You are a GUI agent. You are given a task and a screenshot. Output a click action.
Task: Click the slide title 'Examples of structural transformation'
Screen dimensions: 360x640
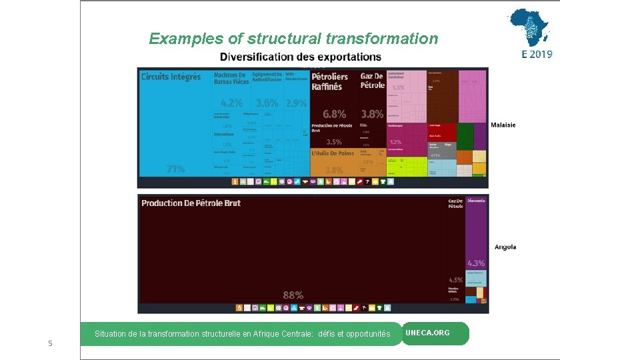[293, 39]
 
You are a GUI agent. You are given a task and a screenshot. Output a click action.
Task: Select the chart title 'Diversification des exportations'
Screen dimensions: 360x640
[301, 57]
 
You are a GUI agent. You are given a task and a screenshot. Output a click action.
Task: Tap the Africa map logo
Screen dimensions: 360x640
[530, 27]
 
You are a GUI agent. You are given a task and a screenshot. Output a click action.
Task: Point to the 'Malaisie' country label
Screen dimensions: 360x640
[503, 125]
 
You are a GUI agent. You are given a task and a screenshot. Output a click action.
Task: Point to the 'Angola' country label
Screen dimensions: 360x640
[505, 247]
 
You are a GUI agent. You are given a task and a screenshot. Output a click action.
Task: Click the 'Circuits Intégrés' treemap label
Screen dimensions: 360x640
[171, 77]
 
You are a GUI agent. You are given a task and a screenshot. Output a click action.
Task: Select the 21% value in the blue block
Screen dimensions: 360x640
[175, 169]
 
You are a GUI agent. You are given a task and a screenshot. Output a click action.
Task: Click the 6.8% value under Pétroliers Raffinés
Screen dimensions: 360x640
[334, 114]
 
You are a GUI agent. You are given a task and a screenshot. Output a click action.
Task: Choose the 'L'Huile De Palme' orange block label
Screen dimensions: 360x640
[333, 153]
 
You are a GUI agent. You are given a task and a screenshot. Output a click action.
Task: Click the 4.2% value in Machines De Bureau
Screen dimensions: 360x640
[231, 103]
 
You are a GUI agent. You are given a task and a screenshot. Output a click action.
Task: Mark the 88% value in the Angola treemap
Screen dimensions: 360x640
[293, 295]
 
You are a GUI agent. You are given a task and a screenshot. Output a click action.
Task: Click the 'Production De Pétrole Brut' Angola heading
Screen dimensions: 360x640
[191, 203]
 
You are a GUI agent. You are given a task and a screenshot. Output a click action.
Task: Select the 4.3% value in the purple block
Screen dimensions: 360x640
[476, 263]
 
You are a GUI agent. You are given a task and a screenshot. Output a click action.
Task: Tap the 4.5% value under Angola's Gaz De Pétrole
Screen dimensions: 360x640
[455, 280]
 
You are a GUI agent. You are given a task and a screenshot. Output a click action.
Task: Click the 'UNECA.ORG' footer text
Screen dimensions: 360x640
[427, 333]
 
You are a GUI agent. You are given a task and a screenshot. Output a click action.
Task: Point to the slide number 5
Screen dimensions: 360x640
[49, 343]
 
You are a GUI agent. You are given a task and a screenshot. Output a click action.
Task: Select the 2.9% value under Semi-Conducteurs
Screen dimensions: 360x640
[296, 103]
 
